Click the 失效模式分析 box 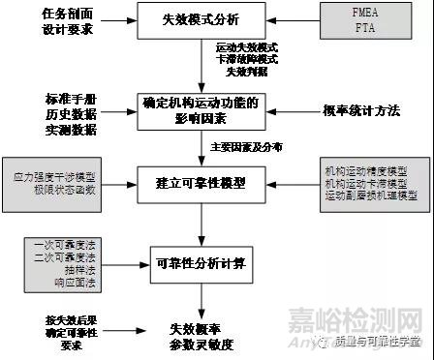(201, 19)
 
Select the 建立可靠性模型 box (201, 183)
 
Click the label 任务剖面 (45, 14)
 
